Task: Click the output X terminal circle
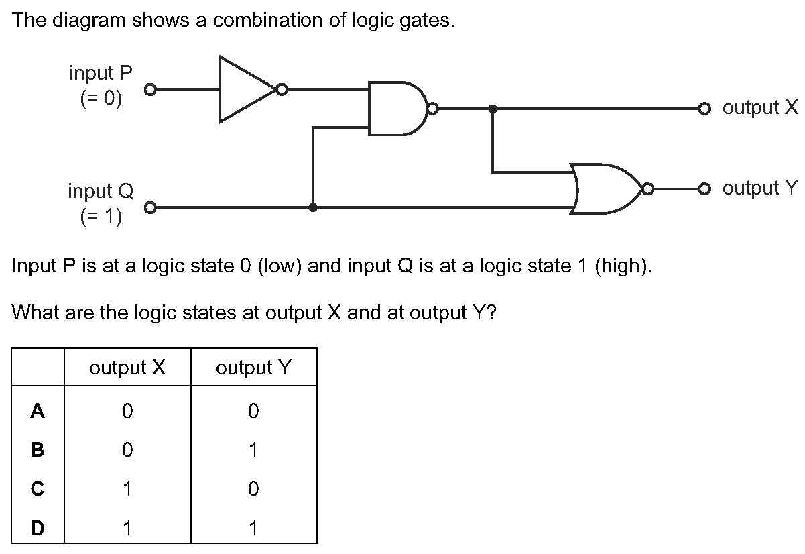point(703,108)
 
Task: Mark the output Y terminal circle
point(703,188)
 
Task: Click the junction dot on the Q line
point(313,208)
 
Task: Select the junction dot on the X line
point(493,108)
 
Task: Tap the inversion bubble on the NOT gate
point(282,89)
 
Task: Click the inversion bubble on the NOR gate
point(647,188)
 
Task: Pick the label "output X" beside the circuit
point(761,107)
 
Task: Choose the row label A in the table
point(38,410)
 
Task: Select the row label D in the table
point(38,528)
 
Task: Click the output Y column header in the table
point(253,368)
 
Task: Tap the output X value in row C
point(127,489)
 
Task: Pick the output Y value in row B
point(253,450)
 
